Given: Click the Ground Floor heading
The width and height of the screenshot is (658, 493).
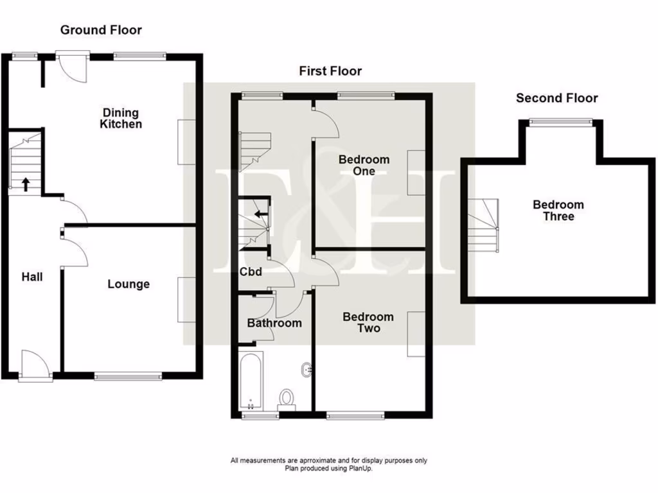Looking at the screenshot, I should pos(101,30).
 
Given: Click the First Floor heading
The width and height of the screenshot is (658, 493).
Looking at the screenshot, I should pos(330,71).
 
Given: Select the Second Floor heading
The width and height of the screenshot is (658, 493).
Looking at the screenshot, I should pos(556,98).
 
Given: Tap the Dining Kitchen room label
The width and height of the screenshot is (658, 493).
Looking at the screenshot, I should pos(121,119).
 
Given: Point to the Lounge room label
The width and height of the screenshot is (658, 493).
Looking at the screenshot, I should pos(129,284).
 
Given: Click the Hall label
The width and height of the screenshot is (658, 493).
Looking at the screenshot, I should pos(32,277).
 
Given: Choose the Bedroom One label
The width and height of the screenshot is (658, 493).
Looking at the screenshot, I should pos(364,166).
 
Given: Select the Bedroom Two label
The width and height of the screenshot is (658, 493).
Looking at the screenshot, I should pos(368,322).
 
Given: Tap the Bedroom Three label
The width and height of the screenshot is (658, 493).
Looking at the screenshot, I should pos(558,211).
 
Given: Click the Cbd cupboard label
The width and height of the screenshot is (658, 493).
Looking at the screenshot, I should pos(251,272).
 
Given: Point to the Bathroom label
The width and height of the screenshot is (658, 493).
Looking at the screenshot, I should pos(274,324).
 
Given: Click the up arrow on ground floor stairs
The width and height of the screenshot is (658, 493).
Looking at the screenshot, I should pos(26,185).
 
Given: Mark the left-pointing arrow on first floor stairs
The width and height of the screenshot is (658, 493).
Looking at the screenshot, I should pos(260,214).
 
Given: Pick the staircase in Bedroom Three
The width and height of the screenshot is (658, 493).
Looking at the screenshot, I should pos(483,225).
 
